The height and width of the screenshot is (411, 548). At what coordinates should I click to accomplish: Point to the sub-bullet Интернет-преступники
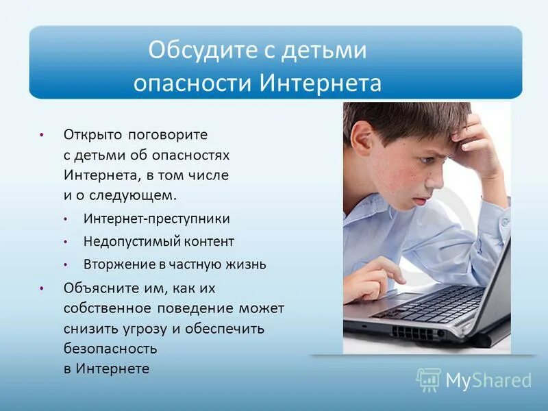pyautogui.click(x=157, y=219)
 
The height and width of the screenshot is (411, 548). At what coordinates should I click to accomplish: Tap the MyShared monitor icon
pyautogui.click(x=429, y=379)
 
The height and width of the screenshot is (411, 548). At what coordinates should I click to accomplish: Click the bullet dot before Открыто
pyautogui.click(x=42, y=135)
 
